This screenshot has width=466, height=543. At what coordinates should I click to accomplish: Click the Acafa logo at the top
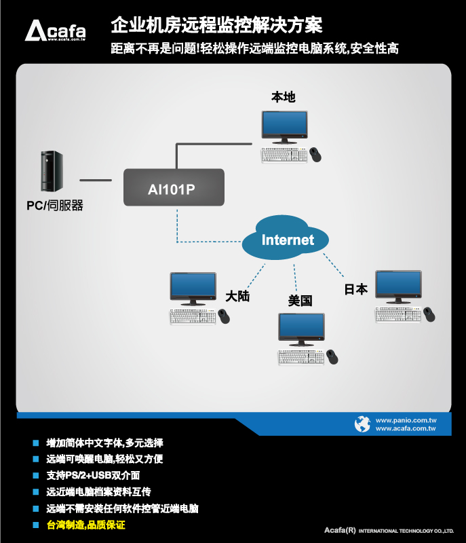pyautogui.click(x=55, y=31)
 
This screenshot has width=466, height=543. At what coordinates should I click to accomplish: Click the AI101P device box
pyautogui.click(x=173, y=188)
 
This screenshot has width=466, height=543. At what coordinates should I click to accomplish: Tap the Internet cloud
pyautogui.click(x=288, y=240)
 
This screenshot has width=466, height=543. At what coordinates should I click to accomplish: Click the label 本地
pyautogui.click(x=283, y=97)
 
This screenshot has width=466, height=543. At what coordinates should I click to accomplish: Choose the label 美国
pyautogui.click(x=300, y=301)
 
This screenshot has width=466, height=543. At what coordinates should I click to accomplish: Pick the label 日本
pyautogui.click(x=356, y=289)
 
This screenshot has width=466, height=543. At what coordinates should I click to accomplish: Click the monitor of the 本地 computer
pyautogui.click(x=284, y=126)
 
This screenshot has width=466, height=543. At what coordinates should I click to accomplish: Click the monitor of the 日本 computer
pyautogui.click(x=398, y=284)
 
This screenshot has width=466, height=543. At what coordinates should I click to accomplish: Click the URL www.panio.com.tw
pyautogui.click(x=406, y=420)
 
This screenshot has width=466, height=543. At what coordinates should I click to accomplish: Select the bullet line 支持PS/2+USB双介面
pyautogui.click(x=94, y=475)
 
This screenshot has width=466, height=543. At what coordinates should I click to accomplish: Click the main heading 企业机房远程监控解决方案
pyautogui.click(x=216, y=26)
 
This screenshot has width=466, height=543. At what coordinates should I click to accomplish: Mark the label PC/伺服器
pyautogui.click(x=54, y=205)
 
